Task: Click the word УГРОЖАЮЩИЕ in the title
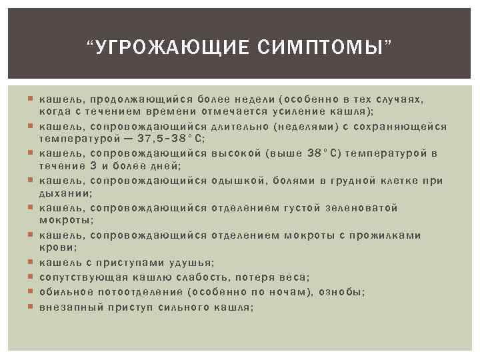click(x=171, y=47)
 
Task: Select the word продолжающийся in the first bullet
click(x=138, y=99)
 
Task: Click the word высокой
click(x=237, y=153)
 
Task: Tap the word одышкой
click(x=236, y=181)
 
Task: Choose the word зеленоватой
click(x=366, y=208)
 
